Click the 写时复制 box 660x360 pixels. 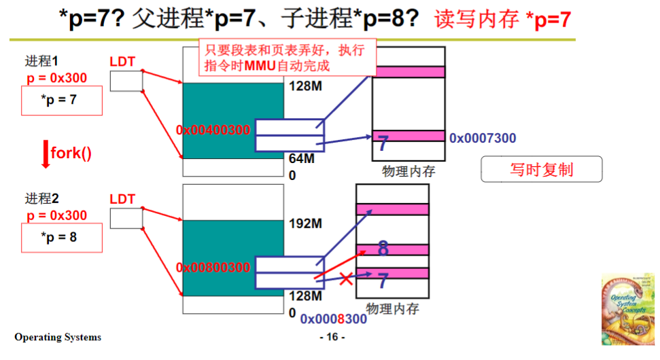(x=542, y=170)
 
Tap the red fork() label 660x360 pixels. (x=71, y=153)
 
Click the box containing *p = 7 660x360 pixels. (x=62, y=101)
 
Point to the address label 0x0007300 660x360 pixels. (x=483, y=139)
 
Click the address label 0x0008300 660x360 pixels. (x=333, y=319)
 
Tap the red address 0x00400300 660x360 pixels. (x=213, y=130)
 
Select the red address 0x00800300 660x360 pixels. (x=213, y=268)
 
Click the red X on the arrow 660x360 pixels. (x=346, y=278)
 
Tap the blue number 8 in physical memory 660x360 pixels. (x=383, y=249)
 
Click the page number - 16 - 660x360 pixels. (x=332, y=338)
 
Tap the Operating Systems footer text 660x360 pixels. (x=58, y=337)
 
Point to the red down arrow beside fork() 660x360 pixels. (x=46, y=154)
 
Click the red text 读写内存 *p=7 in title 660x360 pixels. (x=502, y=20)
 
